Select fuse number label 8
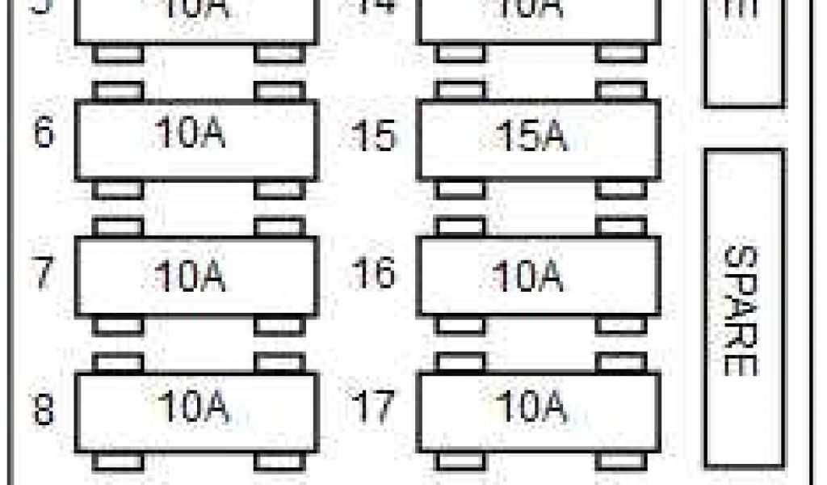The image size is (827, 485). click(x=44, y=410)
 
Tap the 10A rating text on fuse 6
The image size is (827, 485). click(x=190, y=134)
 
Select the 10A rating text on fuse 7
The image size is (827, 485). click(x=190, y=276)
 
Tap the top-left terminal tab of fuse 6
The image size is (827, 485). click(x=118, y=91)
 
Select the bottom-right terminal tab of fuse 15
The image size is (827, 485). click(x=621, y=189)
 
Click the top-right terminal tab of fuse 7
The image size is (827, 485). click(x=279, y=227)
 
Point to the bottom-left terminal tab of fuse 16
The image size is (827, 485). click(x=460, y=325)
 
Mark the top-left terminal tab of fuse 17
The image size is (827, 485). click(x=460, y=362)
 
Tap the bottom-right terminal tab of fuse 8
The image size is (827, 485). click(x=279, y=461)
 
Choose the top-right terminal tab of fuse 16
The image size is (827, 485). click(x=621, y=227)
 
